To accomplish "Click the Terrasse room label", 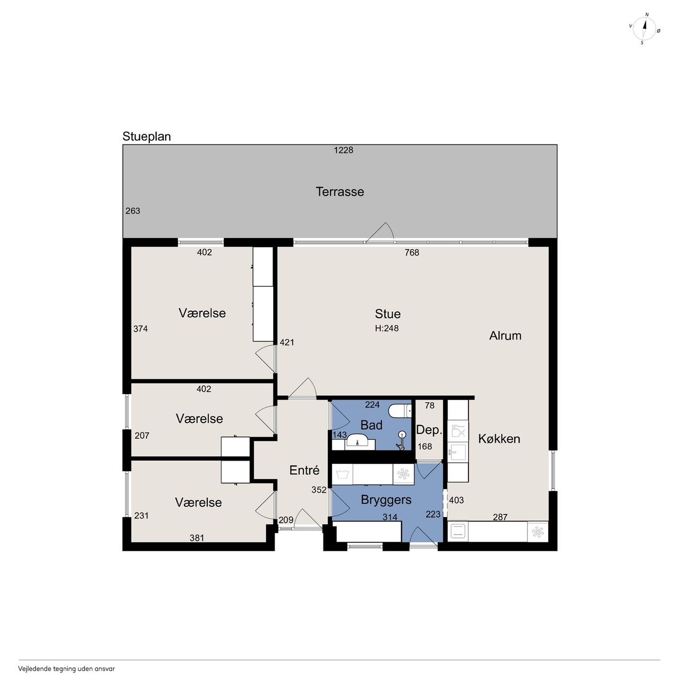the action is tap(339, 192).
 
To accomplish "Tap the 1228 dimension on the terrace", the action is tap(343, 150).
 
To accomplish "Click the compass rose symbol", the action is tap(644, 29).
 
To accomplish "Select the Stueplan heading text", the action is tap(147, 137).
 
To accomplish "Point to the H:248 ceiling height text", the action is tap(387, 328).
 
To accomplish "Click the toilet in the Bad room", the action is tap(400, 411).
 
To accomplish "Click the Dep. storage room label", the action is tap(429, 430).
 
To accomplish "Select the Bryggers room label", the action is tap(386, 500).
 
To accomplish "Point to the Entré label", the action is tap(304, 470).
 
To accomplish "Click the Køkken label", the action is tap(499, 439).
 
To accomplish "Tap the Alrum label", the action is tap(505, 336).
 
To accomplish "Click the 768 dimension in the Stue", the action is tap(412, 253).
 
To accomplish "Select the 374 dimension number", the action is tap(140, 329).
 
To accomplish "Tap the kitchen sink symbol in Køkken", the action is tap(458, 452).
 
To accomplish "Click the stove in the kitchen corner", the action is tap(458, 532).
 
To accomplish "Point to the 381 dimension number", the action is tap(197, 538).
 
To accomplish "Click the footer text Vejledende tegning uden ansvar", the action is tap(66, 669).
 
